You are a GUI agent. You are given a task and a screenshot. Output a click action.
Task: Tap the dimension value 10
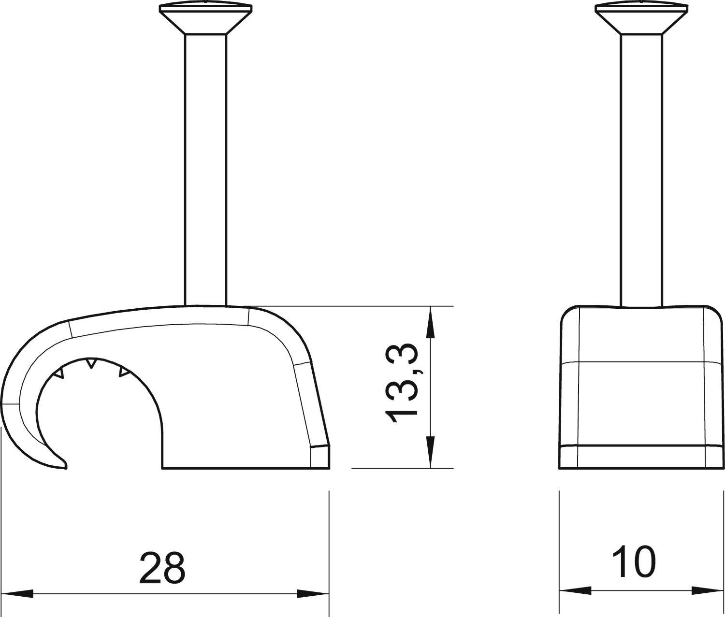(x=634, y=562)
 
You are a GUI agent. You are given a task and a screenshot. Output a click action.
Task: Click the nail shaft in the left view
(x=206, y=169)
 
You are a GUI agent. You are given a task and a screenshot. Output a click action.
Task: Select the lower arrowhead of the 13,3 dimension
(x=430, y=452)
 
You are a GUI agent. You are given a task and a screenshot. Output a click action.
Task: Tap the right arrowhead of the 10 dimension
(x=708, y=590)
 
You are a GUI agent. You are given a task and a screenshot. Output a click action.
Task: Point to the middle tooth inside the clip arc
(x=90, y=362)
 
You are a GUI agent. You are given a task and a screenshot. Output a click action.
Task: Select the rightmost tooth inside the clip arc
(x=124, y=372)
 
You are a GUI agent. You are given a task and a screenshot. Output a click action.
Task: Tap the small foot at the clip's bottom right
(x=320, y=457)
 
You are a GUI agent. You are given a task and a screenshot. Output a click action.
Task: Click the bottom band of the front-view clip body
(x=641, y=456)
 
